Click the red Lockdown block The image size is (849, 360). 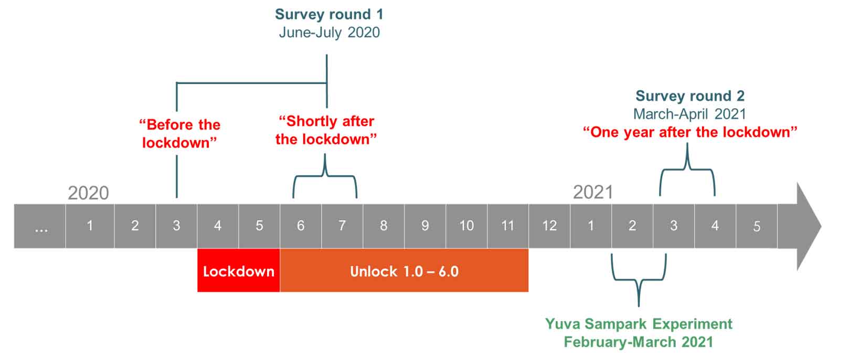(x=238, y=270)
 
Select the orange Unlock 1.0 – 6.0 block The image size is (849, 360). (x=404, y=270)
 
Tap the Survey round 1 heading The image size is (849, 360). (x=329, y=14)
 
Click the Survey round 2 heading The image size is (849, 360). (x=690, y=96)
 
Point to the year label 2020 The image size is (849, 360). (x=88, y=193)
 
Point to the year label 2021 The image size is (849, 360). (x=593, y=192)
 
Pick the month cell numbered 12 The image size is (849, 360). (x=549, y=226)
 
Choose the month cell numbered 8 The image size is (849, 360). (x=384, y=226)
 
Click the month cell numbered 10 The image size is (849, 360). (x=466, y=226)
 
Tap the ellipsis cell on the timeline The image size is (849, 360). (x=40, y=226)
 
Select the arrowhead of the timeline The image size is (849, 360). (x=809, y=226)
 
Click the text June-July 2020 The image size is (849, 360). (x=330, y=33)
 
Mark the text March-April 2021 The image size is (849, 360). (x=690, y=114)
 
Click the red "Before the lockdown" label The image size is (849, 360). (x=179, y=134)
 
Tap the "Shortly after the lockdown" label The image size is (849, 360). (x=326, y=130)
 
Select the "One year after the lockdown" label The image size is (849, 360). (x=690, y=132)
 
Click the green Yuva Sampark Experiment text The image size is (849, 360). (x=639, y=324)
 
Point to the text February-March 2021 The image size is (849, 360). (x=639, y=342)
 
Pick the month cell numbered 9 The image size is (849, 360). (x=425, y=226)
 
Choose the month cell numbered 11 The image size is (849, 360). (x=508, y=226)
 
